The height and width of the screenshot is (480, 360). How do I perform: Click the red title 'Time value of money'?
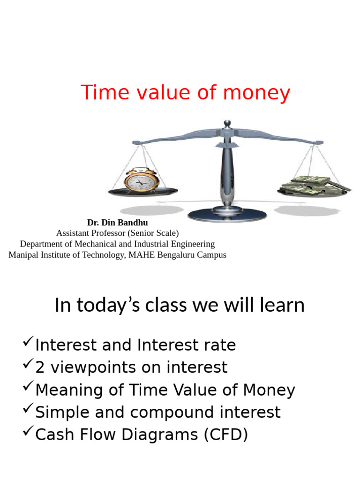(186, 93)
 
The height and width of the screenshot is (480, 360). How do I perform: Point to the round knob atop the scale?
(227, 124)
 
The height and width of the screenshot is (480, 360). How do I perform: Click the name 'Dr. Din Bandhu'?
(117, 223)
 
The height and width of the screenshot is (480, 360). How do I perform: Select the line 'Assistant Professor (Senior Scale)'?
(117, 233)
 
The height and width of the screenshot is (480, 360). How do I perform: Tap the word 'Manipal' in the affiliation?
(23, 255)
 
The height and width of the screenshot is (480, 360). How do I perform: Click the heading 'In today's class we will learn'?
(180, 306)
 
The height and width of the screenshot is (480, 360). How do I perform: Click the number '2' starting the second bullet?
(40, 368)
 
